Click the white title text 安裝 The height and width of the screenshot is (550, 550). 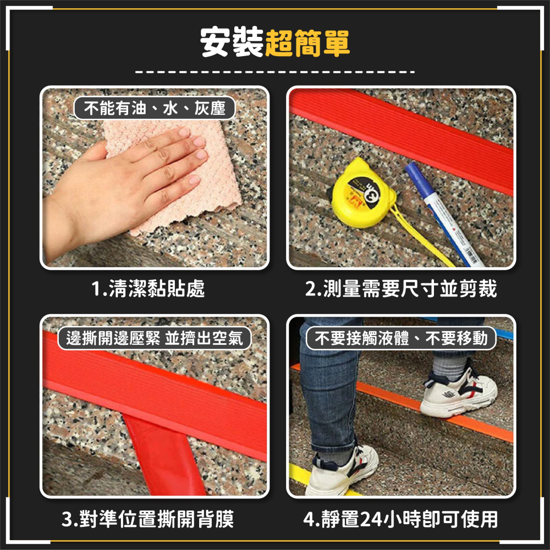click(232, 43)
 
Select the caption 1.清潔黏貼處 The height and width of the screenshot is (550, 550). click(148, 289)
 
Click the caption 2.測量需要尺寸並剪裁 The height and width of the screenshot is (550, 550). click(401, 289)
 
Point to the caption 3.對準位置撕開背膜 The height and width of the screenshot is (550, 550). click(148, 519)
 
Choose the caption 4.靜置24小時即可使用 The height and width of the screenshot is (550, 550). click(401, 519)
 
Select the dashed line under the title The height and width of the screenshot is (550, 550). click(275, 72)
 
